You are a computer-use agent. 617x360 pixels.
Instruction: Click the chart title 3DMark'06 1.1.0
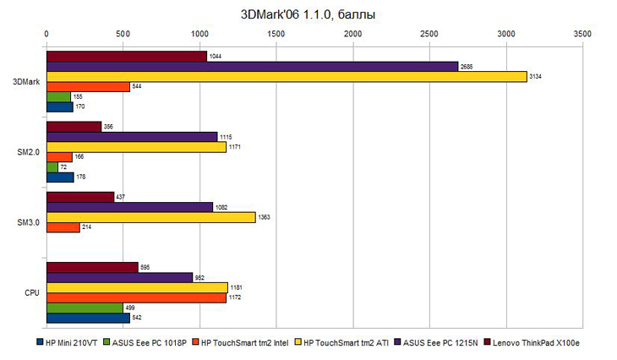(308, 14)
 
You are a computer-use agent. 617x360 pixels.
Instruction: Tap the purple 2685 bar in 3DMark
(252, 66)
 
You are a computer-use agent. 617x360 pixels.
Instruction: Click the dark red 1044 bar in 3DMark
(126, 56)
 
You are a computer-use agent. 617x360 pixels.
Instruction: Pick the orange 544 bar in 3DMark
(88, 86)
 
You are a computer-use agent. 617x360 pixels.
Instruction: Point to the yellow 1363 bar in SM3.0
(150, 217)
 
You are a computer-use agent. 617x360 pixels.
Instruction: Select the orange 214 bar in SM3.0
(63, 227)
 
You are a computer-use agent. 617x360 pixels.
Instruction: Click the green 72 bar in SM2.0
(52, 167)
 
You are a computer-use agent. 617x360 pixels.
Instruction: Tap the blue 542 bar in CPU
(88, 318)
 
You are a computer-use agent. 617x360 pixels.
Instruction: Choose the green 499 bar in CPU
(85, 308)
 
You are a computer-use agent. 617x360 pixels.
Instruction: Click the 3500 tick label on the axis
(582, 34)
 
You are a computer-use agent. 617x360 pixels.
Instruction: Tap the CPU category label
(31, 292)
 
